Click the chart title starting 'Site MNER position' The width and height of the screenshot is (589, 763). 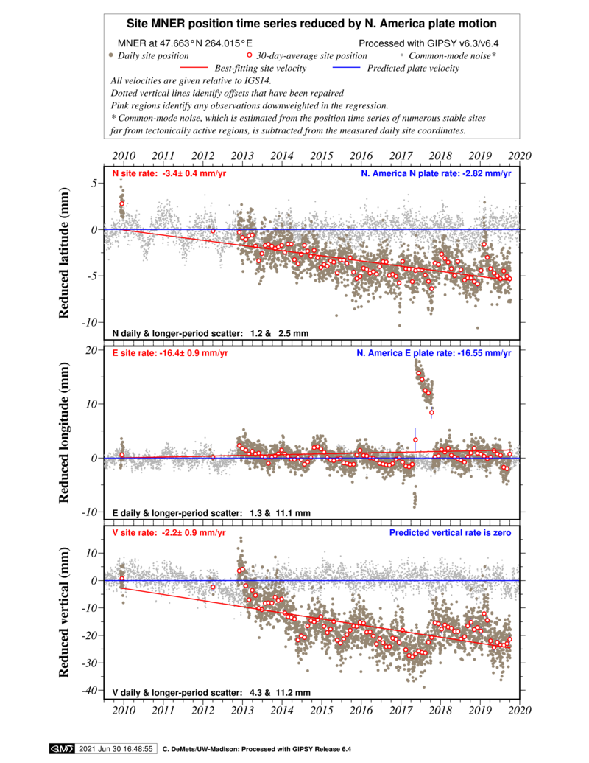point(311,24)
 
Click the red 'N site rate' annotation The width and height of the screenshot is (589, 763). point(169,173)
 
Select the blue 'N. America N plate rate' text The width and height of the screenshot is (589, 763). point(436,173)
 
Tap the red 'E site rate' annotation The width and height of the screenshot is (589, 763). point(170,353)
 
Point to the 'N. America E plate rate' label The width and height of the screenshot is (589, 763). point(434,353)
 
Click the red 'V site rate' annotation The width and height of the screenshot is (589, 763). point(169,532)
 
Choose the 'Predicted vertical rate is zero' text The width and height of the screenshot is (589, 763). point(450,532)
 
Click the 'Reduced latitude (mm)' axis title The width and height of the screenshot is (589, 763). point(63,253)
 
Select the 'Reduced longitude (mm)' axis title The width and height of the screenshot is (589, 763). point(63,433)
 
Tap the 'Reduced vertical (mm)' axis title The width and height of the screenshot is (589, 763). point(63,612)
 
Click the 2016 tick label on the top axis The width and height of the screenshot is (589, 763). point(361,156)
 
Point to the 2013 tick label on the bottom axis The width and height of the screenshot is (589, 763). point(242,710)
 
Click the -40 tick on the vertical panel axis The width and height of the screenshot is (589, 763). point(91,690)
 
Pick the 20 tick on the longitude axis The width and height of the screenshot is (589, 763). point(91,350)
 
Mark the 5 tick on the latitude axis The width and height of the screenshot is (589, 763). point(95,183)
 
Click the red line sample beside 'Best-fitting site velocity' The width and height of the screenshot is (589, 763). point(194,68)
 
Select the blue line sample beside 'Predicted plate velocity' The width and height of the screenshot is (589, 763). point(347,68)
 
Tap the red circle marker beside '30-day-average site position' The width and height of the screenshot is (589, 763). point(250,55)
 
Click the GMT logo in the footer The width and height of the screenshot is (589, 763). point(62,749)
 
